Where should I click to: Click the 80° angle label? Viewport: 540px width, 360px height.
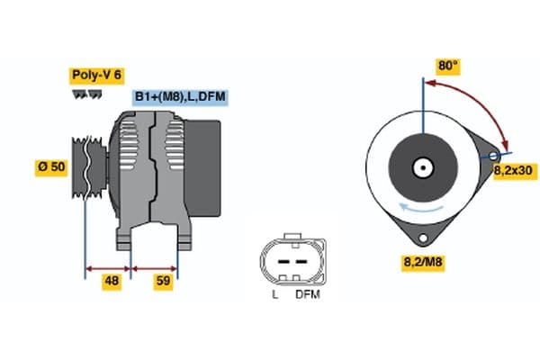tap(448, 66)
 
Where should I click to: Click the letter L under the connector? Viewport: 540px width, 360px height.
tap(274, 294)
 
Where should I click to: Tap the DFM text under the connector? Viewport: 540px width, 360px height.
tap(307, 294)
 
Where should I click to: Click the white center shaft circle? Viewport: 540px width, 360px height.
tap(421, 167)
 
